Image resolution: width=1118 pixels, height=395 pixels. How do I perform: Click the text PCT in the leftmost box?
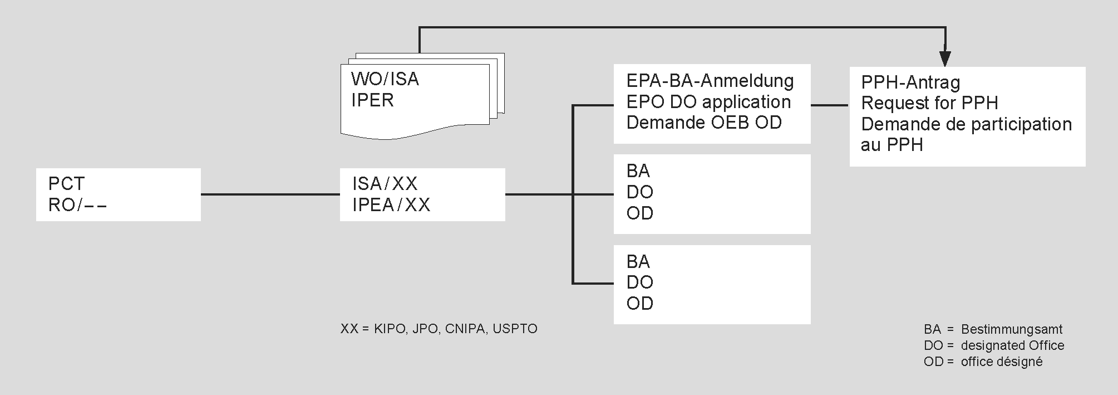(66, 184)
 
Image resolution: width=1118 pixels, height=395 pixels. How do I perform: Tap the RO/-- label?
(77, 205)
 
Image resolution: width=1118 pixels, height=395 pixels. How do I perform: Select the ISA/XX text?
(385, 184)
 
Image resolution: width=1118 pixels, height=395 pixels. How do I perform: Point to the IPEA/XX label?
(391, 205)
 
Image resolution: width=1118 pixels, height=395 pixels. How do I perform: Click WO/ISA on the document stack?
(385, 79)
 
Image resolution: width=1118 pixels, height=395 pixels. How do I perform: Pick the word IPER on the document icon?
(372, 100)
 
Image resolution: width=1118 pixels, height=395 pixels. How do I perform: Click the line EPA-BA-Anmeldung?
(710, 81)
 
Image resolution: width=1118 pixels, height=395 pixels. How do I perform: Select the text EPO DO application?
(708, 102)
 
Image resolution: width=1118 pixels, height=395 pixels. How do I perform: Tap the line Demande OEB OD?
(704, 123)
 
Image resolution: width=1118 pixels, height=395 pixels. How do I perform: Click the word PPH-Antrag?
(910, 82)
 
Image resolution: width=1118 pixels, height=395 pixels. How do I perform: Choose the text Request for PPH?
(929, 103)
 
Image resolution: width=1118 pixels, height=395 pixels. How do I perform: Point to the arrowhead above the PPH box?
(945, 58)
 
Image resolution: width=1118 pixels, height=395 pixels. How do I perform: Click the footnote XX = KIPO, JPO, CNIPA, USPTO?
(439, 329)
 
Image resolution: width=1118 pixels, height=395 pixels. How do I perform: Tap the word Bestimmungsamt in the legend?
(1012, 329)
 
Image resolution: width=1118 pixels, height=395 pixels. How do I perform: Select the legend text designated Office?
(1012, 345)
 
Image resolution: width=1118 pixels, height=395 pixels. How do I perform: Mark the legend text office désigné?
(1002, 362)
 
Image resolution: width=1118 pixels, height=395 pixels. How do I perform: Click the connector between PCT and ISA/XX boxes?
(270, 194)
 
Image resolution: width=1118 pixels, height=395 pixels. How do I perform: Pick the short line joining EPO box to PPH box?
(830, 104)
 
